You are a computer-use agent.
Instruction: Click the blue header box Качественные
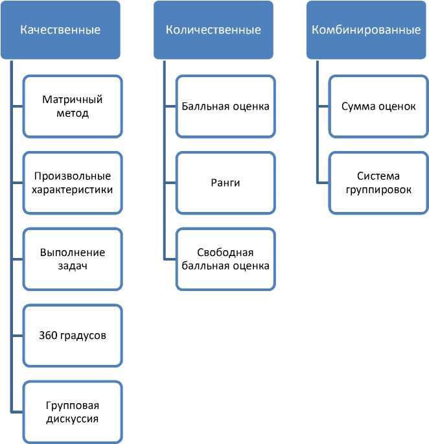click(x=60, y=30)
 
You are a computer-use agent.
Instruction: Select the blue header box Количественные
click(x=213, y=30)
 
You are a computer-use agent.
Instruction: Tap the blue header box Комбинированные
click(x=366, y=30)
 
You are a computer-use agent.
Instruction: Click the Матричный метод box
click(x=73, y=106)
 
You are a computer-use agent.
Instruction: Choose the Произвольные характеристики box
click(x=73, y=183)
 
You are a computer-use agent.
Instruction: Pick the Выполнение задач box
click(x=73, y=259)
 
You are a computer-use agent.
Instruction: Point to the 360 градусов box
click(x=73, y=336)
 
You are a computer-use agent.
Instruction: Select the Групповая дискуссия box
click(x=73, y=412)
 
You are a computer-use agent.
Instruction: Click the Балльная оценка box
click(x=226, y=106)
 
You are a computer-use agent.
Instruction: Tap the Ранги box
click(x=226, y=183)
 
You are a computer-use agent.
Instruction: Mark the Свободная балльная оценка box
click(x=226, y=259)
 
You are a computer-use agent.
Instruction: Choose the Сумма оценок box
click(x=378, y=106)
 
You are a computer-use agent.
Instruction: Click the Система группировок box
click(x=378, y=183)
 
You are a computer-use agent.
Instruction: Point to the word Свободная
click(x=226, y=252)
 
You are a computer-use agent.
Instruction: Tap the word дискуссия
click(x=73, y=419)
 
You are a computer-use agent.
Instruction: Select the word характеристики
click(x=73, y=190)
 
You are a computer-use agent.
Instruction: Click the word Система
click(x=378, y=176)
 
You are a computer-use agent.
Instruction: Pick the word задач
click(x=73, y=266)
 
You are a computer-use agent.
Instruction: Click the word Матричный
click(x=73, y=100)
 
